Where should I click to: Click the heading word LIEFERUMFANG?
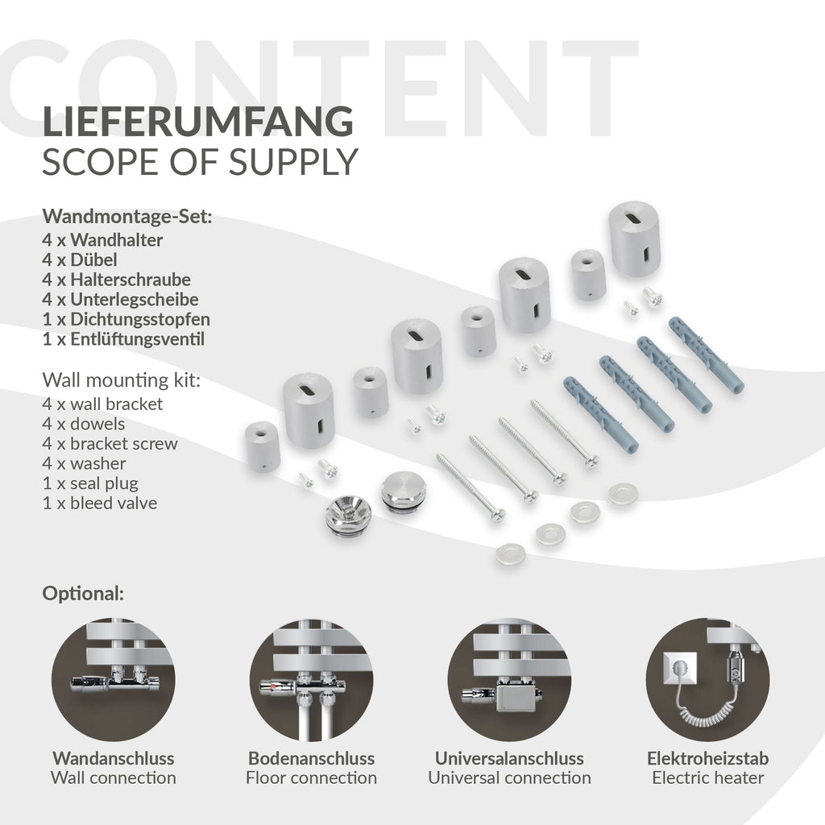coord(197,121)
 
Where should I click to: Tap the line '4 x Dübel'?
coord(80,260)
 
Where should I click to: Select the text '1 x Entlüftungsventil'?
coord(123,339)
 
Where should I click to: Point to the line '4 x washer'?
coord(84,463)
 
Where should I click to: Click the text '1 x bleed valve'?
coord(99,503)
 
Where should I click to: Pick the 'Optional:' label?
coord(83,594)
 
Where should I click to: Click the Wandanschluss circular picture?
coord(113,680)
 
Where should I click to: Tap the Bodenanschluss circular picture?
coord(311,680)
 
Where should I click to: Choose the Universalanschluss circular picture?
coord(509,680)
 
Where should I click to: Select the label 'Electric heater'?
coord(707,777)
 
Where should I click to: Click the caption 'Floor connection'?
coord(311,777)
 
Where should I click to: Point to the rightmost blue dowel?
coord(707,354)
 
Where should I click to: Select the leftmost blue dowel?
coord(601,415)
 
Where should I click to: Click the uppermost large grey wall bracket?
coord(635,238)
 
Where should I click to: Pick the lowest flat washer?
coord(510,553)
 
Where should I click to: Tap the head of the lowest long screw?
coord(497,514)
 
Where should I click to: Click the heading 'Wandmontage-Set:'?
coord(126,217)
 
